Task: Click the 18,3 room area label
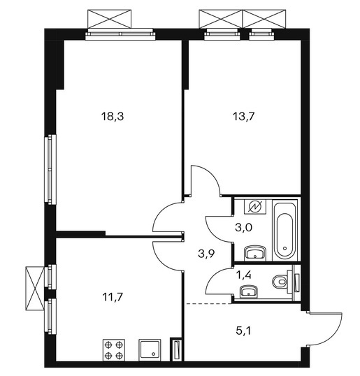pos(113,117)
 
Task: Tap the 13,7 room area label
pos(243,117)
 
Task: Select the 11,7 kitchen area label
pos(113,297)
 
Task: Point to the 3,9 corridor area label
pos(206,253)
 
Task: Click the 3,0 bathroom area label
pos(243,227)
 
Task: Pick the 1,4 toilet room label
pos(244,275)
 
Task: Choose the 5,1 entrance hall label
pos(243,331)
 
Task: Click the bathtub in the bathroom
pos(285,231)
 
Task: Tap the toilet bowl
pos(280,280)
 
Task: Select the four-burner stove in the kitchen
pos(114,350)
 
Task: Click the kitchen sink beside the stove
pos(150,350)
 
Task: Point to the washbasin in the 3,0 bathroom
pos(255,253)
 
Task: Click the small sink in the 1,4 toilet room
pos(249,291)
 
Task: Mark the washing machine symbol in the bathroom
pos(255,206)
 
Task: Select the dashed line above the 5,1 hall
pos(209,303)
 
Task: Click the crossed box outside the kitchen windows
pos(35,288)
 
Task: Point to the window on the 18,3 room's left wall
pos(50,170)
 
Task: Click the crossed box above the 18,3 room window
pos(110,19)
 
